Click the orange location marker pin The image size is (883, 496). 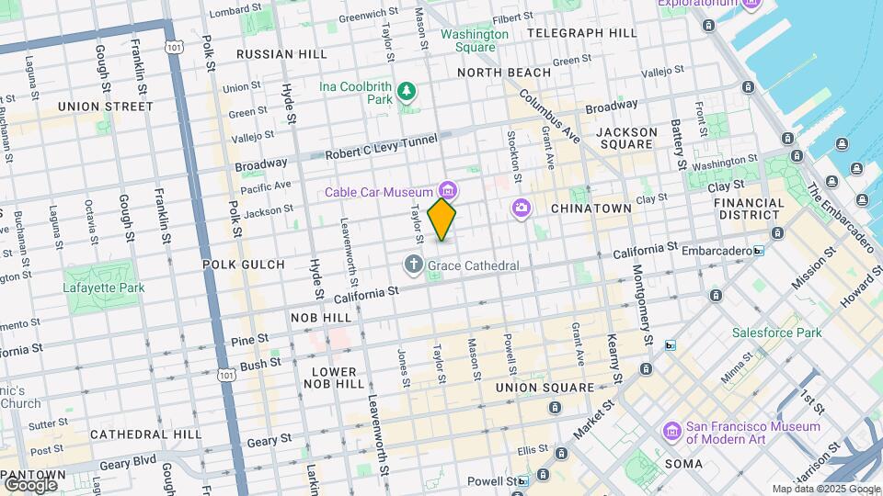442,219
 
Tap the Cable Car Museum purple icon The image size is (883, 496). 448,190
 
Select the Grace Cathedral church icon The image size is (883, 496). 414,265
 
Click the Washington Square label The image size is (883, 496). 474,40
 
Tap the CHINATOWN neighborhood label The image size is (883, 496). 591,209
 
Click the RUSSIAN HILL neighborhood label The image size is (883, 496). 281,54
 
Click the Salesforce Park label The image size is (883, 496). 776,333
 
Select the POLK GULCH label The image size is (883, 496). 244,265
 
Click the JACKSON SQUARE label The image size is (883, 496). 626,139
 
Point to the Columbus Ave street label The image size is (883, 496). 549,116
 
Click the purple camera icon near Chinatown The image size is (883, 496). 522,209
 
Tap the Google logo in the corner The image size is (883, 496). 30,483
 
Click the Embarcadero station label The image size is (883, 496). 714,249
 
